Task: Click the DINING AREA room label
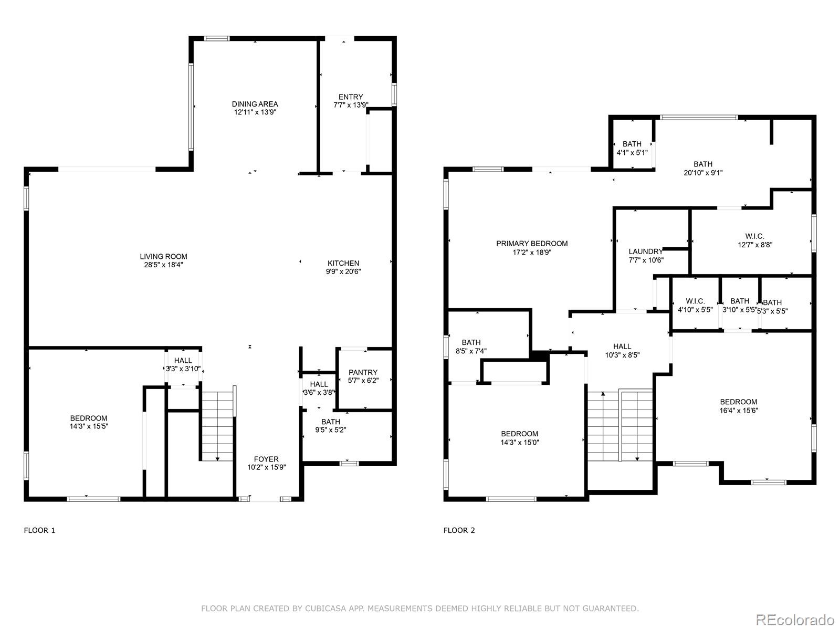coord(255,104)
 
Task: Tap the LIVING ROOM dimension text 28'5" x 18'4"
coord(164,265)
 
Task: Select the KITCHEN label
coord(343,263)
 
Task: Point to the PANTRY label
coord(363,372)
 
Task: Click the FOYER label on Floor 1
coord(266,459)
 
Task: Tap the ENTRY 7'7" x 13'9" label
coord(351,101)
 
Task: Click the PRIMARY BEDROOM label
coord(532,244)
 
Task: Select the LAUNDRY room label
coord(646,251)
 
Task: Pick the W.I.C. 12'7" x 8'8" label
coord(754,240)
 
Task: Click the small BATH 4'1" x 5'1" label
coord(632,148)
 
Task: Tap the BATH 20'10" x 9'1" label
coord(703,168)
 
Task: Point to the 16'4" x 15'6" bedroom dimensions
coord(739,411)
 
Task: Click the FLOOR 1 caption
coord(39,530)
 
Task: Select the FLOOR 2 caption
coord(459,530)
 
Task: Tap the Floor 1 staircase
coord(217,425)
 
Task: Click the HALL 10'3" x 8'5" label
coord(622,350)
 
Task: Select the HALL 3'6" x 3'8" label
coord(319,388)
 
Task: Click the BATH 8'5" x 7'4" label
coord(471,346)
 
